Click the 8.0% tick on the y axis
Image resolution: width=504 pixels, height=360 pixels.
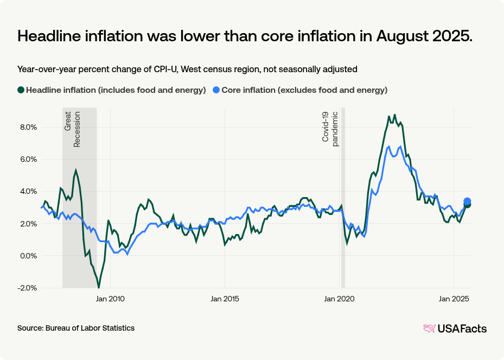(x=28, y=127)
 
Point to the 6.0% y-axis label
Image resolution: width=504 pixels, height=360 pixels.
(x=28, y=159)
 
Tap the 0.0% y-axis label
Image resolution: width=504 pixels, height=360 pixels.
(x=28, y=256)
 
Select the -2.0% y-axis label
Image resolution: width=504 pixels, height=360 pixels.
(x=28, y=288)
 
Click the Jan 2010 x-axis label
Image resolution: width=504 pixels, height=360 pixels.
(x=110, y=299)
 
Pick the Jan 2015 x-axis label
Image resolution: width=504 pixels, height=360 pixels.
(x=224, y=299)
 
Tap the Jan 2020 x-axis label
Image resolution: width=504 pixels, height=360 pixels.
(x=339, y=299)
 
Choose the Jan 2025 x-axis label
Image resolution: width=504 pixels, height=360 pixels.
(x=454, y=299)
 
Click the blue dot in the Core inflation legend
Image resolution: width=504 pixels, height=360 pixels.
(x=216, y=90)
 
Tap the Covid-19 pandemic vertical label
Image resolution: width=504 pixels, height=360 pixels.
(x=330, y=128)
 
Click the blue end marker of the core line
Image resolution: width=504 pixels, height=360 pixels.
(x=467, y=201)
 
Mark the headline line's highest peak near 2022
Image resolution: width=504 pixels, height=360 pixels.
(x=394, y=115)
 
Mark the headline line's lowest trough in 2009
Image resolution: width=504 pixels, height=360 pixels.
(x=99, y=287)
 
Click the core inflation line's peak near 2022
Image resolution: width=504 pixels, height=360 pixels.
(x=388, y=147)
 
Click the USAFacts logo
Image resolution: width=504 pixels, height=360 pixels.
(x=455, y=328)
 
